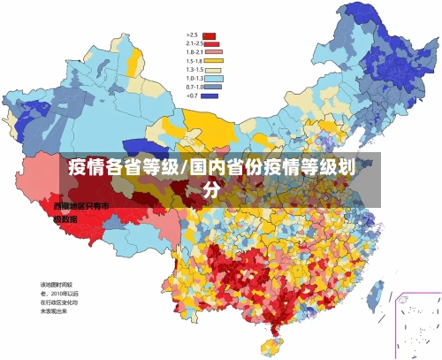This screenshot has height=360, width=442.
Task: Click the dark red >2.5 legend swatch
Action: (210, 35)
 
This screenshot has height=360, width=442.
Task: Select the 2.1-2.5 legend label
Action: (194, 43)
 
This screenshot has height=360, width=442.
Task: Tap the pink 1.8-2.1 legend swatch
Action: (213, 51)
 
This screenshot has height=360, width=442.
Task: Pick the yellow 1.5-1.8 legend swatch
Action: (213, 60)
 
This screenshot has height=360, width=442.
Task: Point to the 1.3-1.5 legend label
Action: (194, 69)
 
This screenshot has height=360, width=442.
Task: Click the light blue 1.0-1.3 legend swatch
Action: (213, 78)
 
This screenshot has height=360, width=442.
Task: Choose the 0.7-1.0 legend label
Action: (194, 87)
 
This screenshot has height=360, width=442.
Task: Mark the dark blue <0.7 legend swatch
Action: (210, 95)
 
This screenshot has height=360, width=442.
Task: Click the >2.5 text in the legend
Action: (191, 35)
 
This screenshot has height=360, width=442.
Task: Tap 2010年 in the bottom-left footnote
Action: (63, 293)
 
